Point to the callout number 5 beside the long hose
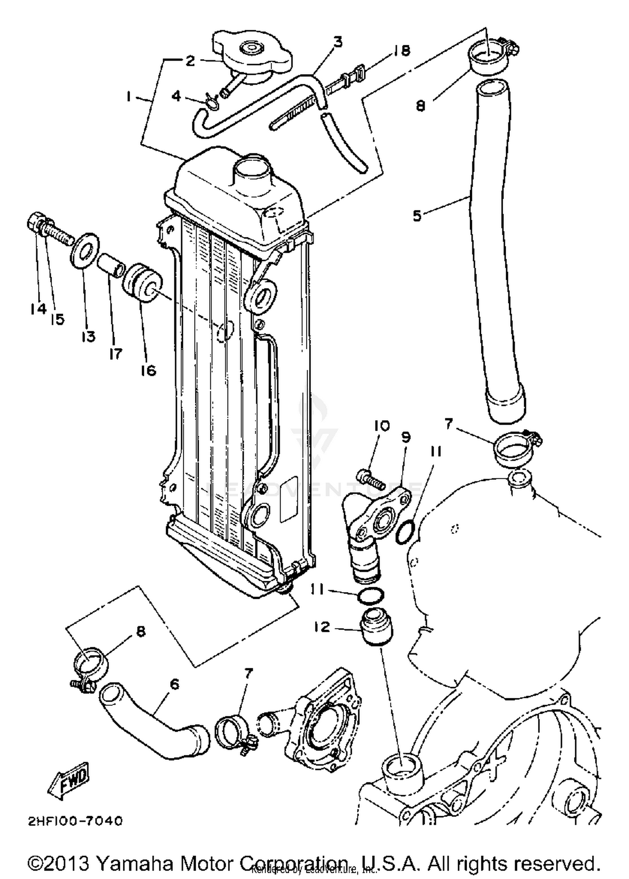point(417,216)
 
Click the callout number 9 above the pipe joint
point(405,437)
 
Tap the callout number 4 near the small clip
point(176,96)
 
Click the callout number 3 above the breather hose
point(338,42)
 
